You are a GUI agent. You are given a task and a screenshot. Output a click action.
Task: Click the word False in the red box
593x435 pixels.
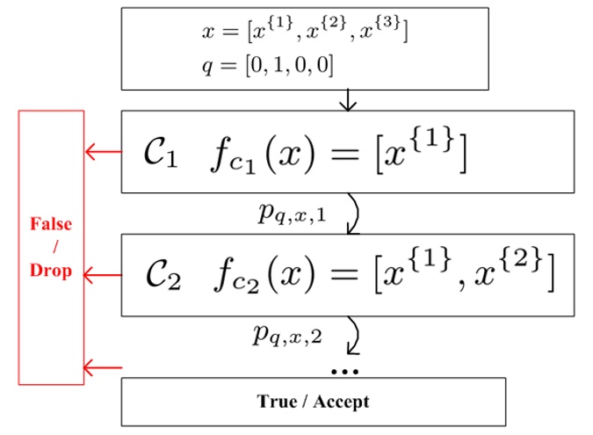(x=51, y=224)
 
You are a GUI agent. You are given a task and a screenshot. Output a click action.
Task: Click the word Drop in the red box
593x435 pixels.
(x=51, y=271)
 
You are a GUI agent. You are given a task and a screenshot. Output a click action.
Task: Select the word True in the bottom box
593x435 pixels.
(x=277, y=402)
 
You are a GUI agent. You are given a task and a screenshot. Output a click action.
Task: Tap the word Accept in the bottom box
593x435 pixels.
(x=341, y=402)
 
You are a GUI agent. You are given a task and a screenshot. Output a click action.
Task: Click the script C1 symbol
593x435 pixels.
(x=161, y=152)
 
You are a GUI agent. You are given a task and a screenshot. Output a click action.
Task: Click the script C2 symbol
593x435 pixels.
(x=163, y=275)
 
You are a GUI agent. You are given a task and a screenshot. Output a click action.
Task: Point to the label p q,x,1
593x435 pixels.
(x=292, y=214)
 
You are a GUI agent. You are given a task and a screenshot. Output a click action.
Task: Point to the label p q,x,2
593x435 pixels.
(x=287, y=336)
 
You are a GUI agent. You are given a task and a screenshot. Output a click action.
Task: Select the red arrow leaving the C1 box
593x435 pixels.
(x=104, y=152)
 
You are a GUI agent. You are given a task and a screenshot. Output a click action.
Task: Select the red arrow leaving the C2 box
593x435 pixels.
(x=103, y=275)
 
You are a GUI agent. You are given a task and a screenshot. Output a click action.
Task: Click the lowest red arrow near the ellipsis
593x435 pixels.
(x=103, y=367)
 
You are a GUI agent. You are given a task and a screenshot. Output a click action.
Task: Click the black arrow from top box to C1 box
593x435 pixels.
(x=348, y=100)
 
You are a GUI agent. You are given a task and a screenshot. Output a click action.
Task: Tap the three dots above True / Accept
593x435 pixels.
(x=344, y=372)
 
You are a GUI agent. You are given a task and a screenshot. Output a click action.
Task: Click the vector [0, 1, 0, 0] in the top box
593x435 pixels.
(x=290, y=65)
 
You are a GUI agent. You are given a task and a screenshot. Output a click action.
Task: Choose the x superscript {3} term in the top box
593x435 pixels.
(x=380, y=29)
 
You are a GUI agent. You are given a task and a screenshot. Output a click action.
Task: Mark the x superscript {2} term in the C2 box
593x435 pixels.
(x=509, y=268)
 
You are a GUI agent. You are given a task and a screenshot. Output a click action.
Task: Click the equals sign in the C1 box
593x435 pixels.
(x=344, y=155)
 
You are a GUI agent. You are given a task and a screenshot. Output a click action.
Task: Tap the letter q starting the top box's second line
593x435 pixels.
(x=207, y=67)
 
